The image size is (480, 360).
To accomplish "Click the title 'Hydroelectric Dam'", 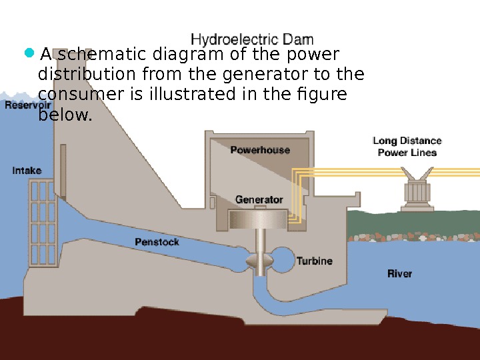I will click(x=252, y=39).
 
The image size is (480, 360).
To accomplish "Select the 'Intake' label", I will click(x=27, y=171).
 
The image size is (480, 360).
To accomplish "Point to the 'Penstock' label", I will click(x=157, y=242).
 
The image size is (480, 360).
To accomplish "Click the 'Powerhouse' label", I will click(x=260, y=150).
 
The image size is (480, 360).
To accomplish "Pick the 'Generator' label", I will click(x=259, y=199).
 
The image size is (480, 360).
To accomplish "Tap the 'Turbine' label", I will click(x=314, y=261).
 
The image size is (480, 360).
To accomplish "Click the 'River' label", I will click(x=399, y=273).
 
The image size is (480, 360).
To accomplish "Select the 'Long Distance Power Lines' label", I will click(x=407, y=147).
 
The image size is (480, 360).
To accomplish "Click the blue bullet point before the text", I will click(x=28, y=53).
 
